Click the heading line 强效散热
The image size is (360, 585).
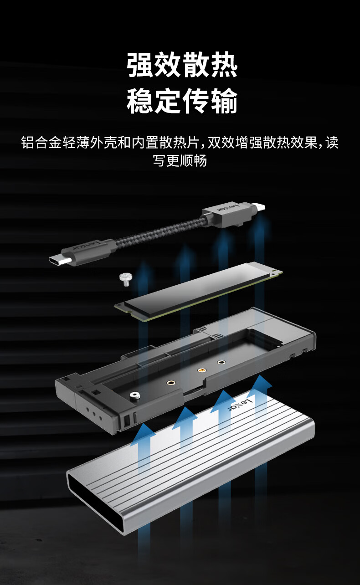pos(182,65)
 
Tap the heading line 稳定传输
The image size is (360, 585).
pos(182,101)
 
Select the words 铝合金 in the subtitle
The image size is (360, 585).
pos(41,143)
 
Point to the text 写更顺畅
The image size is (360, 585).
pos(180,160)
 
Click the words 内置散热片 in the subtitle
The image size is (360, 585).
pos(165,143)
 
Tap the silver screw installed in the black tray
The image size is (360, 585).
pos(135,395)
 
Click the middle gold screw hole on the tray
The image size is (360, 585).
pos(201,370)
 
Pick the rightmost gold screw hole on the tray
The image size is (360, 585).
pos(221,363)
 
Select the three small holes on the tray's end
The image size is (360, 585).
pos(94,413)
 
